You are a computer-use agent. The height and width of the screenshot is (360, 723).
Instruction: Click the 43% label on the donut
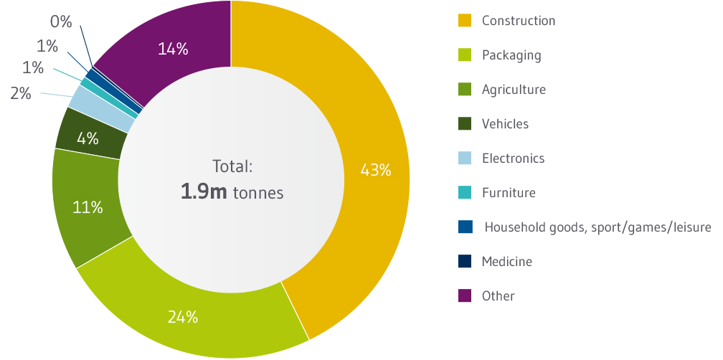376,170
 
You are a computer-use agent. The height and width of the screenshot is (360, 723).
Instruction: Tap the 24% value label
182,316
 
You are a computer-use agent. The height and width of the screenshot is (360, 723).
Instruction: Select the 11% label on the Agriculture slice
88,208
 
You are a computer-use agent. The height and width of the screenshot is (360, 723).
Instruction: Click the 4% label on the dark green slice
88,138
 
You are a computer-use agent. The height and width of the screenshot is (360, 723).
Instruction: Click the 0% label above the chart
62,22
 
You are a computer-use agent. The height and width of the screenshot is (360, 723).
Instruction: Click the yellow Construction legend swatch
464,21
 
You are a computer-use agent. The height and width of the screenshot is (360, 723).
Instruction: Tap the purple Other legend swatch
464,295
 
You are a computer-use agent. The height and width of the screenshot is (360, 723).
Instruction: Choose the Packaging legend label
511,55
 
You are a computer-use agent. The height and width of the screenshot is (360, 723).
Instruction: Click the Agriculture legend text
514,90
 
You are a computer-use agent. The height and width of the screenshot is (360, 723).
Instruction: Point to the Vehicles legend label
505,124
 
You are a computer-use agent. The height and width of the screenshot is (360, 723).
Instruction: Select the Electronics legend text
513,158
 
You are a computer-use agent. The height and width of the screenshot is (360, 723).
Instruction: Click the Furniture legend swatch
464,192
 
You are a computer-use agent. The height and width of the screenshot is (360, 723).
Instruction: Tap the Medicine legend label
506,261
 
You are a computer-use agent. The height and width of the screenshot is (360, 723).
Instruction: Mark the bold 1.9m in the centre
205,193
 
